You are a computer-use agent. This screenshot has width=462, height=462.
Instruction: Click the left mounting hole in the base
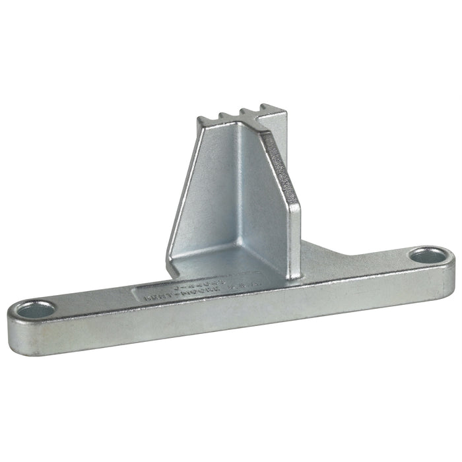34,309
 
